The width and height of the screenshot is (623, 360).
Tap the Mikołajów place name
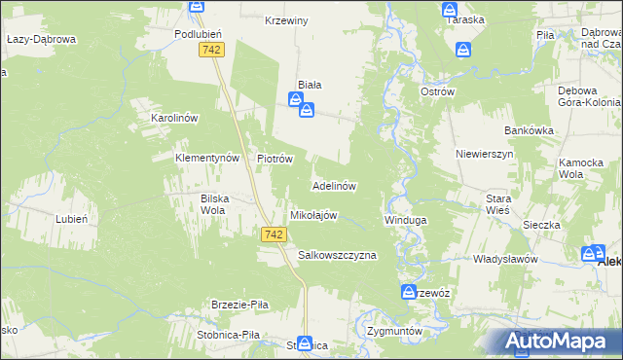point(313,215)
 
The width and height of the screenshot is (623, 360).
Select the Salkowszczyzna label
point(337,255)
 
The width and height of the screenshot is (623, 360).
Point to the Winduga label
point(406,220)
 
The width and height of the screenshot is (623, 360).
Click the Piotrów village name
point(275,158)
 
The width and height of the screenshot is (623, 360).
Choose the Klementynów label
point(206,157)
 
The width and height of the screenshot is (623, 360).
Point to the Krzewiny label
point(286,20)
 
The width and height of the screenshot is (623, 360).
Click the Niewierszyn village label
point(484,154)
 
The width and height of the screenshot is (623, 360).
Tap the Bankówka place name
point(529,129)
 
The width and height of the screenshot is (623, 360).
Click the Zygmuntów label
point(394,331)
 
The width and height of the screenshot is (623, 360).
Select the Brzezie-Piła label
point(239,305)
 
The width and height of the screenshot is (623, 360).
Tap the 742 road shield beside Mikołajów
point(274,234)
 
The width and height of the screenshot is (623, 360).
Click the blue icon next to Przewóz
point(410,292)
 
